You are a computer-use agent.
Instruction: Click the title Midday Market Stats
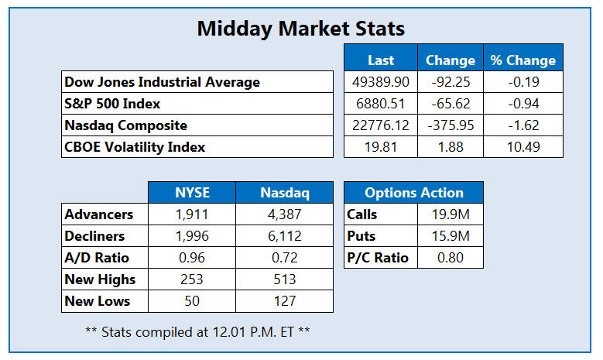(301, 29)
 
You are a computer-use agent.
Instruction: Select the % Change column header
(522, 60)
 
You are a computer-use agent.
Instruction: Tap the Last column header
(380, 60)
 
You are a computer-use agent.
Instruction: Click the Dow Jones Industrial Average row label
(163, 81)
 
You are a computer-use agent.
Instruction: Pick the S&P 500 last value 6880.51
(380, 103)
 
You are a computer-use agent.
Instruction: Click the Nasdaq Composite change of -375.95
(451, 125)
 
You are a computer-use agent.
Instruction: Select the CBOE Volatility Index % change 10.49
(522, 146)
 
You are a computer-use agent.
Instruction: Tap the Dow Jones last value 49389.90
(380, 81)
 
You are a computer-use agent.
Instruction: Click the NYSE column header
(191, 193)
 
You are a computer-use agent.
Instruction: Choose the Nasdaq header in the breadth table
(286, 193)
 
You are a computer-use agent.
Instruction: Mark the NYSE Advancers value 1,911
(191, 214)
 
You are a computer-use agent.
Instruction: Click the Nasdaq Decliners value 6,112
(286, 236)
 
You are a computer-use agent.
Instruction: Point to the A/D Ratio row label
(97, 258)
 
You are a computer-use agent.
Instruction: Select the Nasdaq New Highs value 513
(286, 279)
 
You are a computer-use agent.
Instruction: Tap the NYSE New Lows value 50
(191, 301)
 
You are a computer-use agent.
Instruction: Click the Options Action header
(413, 193)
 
